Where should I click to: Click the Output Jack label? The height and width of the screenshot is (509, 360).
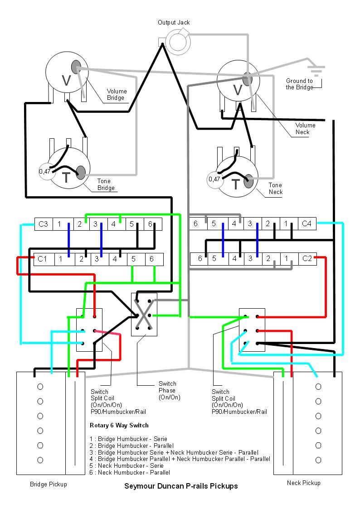point(174,22)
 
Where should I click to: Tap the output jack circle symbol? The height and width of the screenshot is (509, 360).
point(178,41)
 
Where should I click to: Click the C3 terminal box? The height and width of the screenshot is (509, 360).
point(44,224)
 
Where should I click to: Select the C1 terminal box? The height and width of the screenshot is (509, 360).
point(43,259)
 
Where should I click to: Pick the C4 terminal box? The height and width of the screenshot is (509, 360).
point(307,223)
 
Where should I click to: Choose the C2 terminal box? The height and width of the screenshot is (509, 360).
point(307,259)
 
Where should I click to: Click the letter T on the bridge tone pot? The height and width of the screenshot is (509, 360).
point(66,178)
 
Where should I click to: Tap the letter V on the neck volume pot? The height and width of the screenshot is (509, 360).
point(238,90)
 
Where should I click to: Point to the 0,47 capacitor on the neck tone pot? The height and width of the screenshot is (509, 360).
point(214,179)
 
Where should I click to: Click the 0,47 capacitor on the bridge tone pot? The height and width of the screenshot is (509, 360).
point(45,171)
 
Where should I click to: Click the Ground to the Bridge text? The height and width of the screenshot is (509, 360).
point(299,84)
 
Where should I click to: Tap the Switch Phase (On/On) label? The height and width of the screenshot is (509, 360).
point(170,391)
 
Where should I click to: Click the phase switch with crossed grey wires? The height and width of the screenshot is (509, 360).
point(144,315)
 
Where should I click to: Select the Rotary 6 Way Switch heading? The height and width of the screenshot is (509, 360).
point(119,426)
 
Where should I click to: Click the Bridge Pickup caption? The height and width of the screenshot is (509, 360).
point(49,485)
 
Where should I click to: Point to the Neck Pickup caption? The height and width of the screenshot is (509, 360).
point(303,483)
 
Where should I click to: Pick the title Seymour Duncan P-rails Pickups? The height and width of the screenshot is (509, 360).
point(181,486)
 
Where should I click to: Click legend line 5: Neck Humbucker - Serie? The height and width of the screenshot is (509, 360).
point(126,466)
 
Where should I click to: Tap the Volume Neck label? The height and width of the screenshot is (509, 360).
point(305,129)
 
